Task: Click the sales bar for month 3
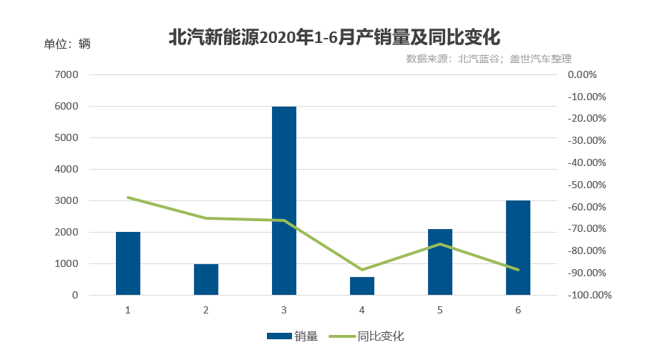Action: click(x=284, y=200)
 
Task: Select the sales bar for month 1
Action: click(x=128, y=263)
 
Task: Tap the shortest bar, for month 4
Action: click(x=362, y=286)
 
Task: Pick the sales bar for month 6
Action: click(x=518, y=248)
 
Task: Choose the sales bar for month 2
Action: click(x=206, y=279)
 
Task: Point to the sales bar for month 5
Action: click(x=440, y=262)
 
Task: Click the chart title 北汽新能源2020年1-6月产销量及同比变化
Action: click(x=333, y=37)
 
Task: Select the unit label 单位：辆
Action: click(x=67, y=44)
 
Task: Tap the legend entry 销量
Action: click(x=292, y=336)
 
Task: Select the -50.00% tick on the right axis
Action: click(x=586, y=185)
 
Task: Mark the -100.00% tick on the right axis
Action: click(x=589, y=295)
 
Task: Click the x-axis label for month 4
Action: click(x=362, y=310)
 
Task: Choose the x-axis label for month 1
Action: click(x=128, y=310)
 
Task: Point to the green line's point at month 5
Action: click(x=440, y=244)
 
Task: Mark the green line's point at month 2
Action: click(x=206, y=218)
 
